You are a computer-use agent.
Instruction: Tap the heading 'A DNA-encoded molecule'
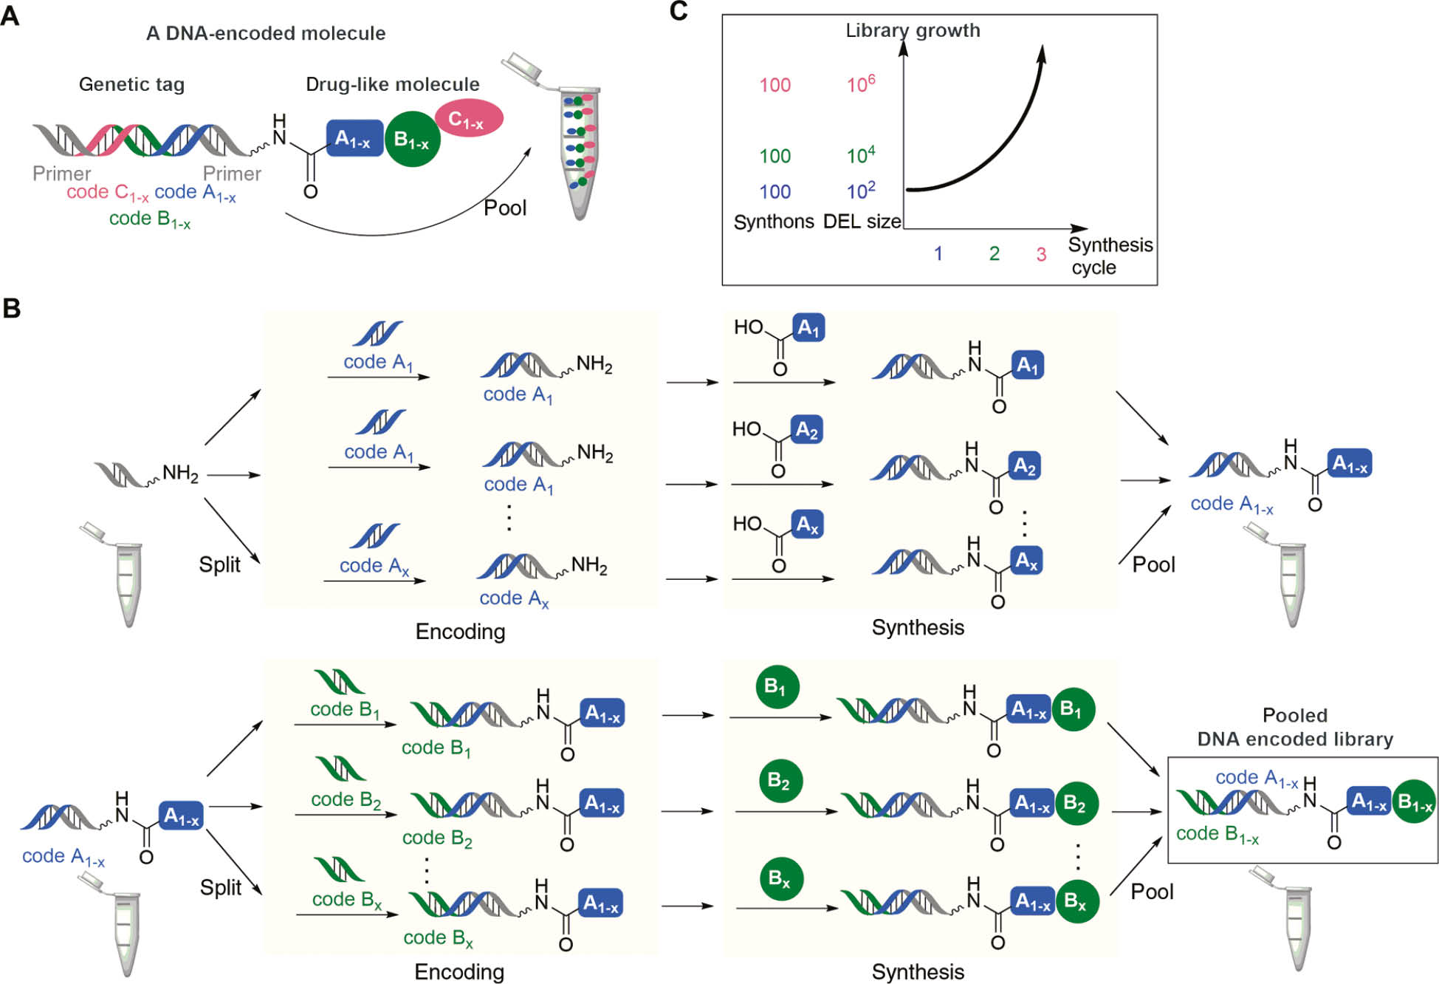(x=266, y=33)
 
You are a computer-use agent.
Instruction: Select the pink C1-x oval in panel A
(x=468, y=118)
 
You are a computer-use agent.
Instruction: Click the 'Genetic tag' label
(x=131, y=84)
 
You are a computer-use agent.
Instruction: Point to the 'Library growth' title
(x=913, y=30)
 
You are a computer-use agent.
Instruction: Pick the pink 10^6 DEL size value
(x=860, y=84)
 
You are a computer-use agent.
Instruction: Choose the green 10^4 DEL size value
(x=860, y=155)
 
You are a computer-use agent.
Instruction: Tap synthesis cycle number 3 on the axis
(x=1041, y=255)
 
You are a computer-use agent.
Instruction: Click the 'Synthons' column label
(x=774, y=222)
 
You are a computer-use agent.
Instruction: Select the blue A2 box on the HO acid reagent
(x=806, y=430)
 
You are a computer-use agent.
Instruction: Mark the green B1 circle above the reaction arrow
(x=777, y=687)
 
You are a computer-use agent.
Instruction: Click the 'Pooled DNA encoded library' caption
(x=1294, y=727)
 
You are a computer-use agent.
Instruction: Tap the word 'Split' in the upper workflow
(x=219, y=564)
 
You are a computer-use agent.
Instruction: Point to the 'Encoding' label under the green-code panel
(x=459, y=971)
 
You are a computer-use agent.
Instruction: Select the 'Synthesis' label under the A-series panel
(x=918, y=627)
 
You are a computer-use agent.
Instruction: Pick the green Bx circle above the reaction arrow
(x=780, y=878)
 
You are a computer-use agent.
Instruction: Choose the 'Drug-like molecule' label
(x=392, y=84)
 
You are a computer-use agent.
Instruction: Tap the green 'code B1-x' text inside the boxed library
(x=1217, y=833)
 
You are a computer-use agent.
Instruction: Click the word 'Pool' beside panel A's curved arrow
(x=505, y=208)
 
